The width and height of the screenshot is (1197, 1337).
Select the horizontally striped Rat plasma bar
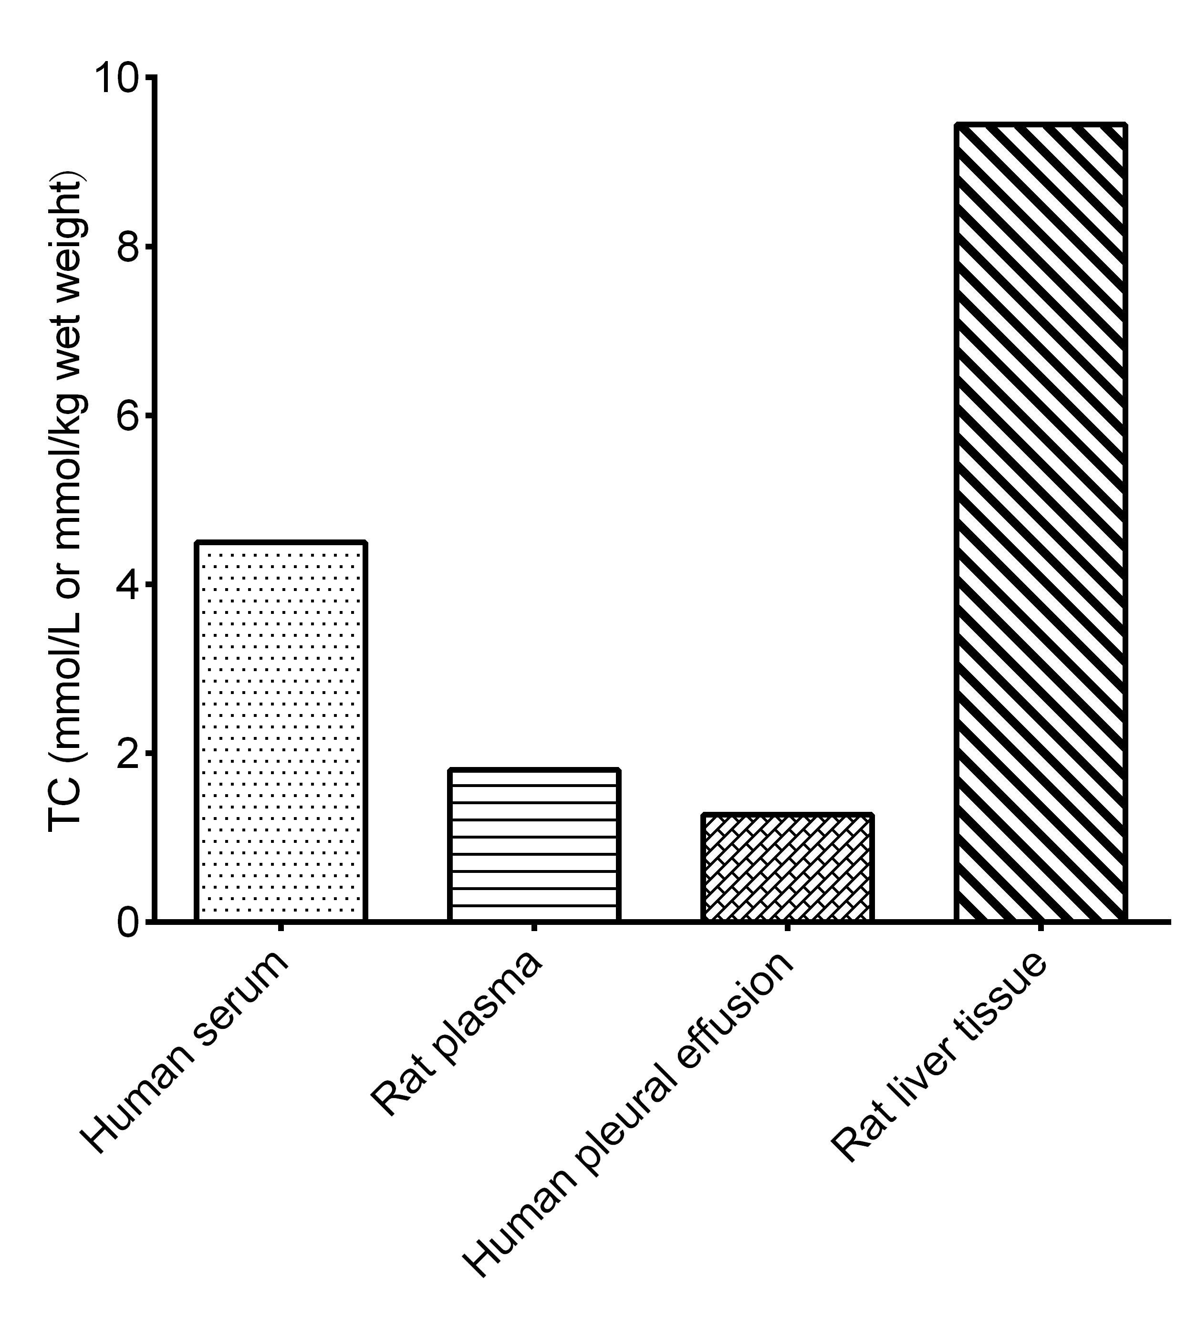tap(534, 845)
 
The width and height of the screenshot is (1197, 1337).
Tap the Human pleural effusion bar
tap(788, 868)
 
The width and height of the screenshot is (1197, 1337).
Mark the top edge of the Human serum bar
tap(281, 542)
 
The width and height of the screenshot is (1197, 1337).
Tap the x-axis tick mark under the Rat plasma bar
tap(534, 927)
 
